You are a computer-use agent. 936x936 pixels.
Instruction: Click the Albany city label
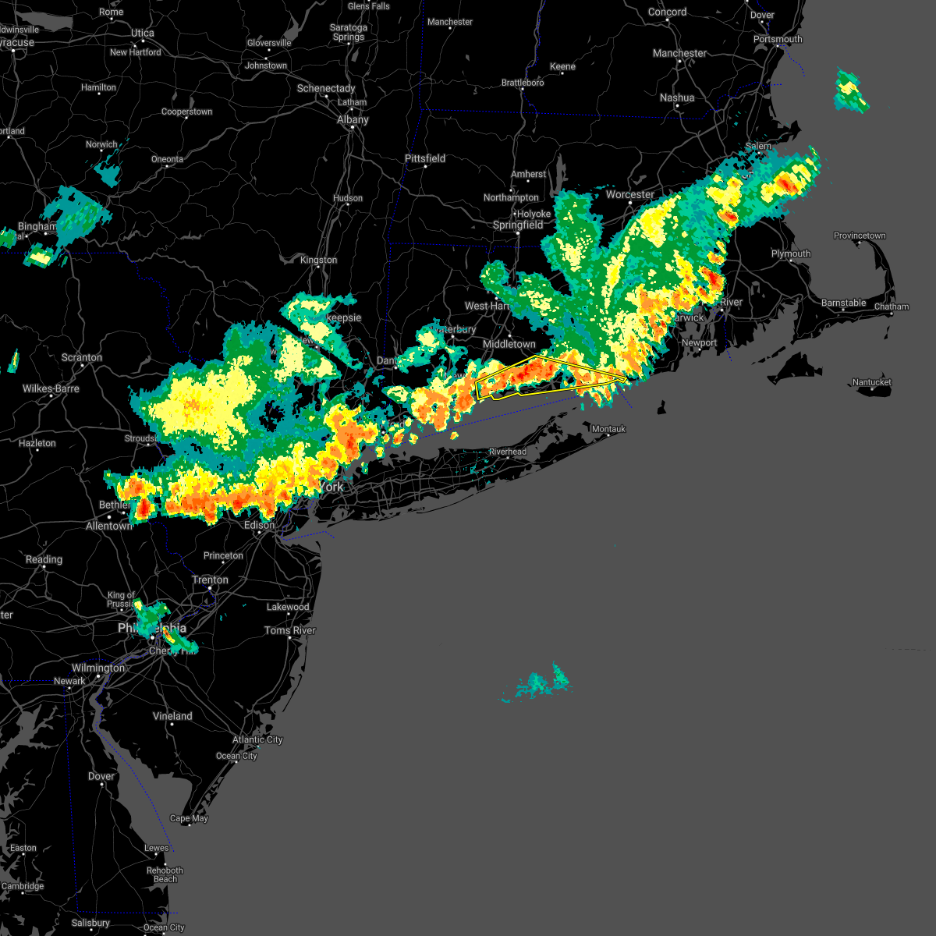click(353, 119)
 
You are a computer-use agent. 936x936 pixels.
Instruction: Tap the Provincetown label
click(860, 236)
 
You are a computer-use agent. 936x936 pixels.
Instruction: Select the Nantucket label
click(871, 382)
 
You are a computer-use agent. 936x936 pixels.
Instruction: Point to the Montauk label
click(608, 429)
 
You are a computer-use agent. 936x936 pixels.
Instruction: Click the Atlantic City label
click(257, 739)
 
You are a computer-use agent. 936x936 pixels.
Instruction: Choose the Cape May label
click(189, 818)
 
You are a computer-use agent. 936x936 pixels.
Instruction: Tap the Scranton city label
click(81, 357)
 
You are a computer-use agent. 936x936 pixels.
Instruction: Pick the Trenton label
click(210, 580)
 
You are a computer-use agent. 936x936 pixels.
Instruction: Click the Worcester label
click(629, 194)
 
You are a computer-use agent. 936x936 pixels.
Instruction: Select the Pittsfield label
click(425, 158)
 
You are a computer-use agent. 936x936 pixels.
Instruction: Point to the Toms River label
click(289, 630)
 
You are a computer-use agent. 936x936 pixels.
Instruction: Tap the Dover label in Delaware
click(101, 776)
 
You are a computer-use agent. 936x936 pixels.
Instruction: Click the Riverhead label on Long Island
click(508, 452)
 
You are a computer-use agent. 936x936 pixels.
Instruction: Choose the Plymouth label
click(791, 253)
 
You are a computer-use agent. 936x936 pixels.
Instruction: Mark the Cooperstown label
click(186, 112)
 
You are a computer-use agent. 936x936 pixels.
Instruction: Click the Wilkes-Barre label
click(51, 388)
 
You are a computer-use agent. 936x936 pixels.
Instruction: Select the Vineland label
click(172, 716)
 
